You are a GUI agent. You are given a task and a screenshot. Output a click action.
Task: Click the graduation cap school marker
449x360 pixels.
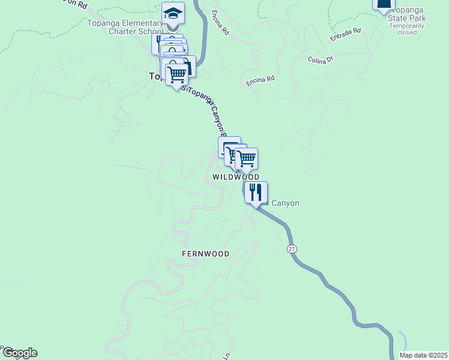click(173, 13)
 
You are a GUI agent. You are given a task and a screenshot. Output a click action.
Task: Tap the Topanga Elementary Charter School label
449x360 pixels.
click(125, 28)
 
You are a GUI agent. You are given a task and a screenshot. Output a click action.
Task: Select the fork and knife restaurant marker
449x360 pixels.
click(256, 193)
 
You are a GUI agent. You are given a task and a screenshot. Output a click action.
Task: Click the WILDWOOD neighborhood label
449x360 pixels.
click(236, 178)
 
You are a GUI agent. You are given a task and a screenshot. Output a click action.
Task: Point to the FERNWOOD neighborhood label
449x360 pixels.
click(205, 254)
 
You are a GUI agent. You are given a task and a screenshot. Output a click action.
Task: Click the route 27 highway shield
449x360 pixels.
click(292, 249)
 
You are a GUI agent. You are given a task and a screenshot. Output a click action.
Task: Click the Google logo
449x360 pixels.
click(19, 353)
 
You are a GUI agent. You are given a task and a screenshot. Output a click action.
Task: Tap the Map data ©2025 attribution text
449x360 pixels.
click(423, 355)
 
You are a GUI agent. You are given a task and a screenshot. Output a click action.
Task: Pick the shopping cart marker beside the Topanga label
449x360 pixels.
click(176, 75)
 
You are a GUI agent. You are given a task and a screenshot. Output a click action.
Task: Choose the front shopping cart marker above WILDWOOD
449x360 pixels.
click(246, 160)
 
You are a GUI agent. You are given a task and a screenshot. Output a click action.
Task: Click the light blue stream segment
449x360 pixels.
click(403, 340)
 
